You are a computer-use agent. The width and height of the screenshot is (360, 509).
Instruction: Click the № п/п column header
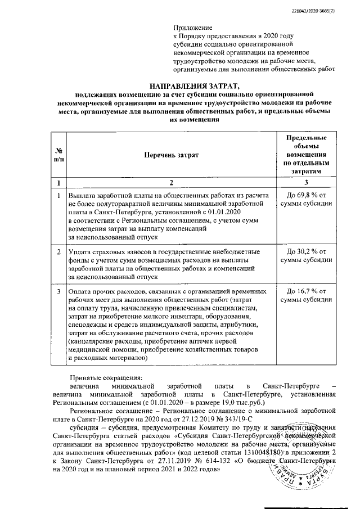coord(58,155)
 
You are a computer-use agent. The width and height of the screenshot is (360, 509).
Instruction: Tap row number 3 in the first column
coord(58,291)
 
